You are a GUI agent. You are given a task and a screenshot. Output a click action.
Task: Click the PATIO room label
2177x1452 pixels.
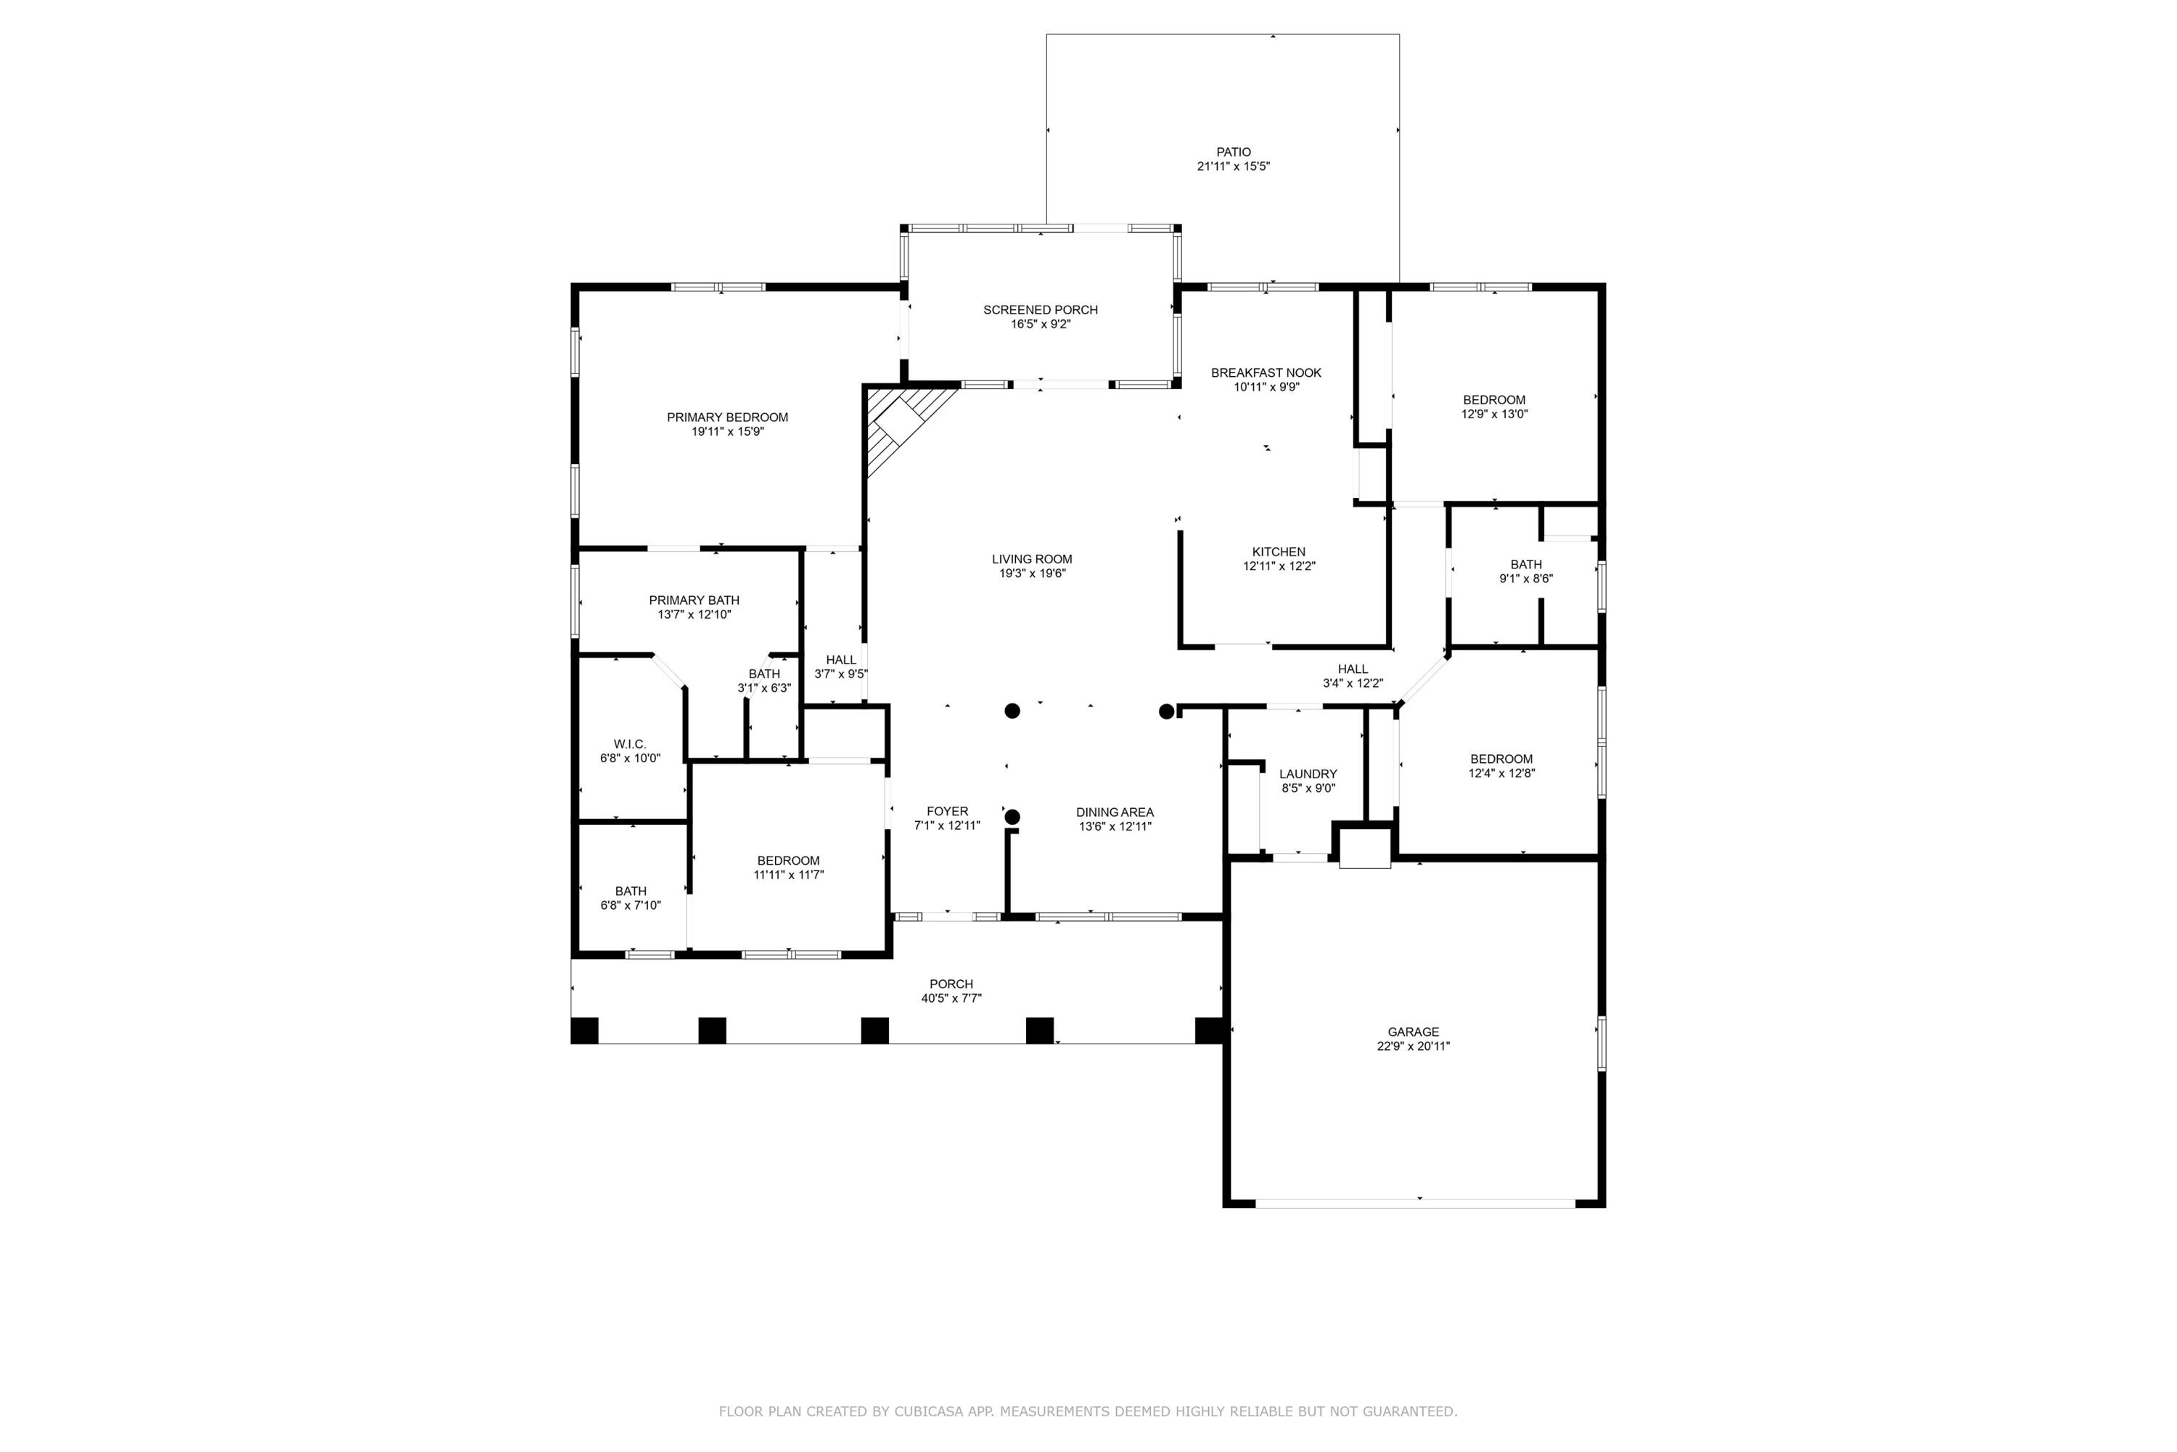click(x=1233, y=152)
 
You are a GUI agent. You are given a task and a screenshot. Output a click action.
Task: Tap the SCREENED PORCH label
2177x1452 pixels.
click(x=1041, y=309)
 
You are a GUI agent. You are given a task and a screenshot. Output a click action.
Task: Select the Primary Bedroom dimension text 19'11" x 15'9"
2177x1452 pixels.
click(x=728, y=431)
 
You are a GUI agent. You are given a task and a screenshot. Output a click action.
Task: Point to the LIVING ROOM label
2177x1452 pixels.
click(x=1032, y=558)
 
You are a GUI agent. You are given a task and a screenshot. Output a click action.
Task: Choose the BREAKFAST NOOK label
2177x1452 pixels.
click(x=1266, y=372)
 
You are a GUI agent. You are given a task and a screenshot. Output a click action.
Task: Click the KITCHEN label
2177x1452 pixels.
click(x=1279, y=552)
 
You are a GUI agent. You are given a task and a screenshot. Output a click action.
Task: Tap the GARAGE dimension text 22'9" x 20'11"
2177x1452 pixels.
click(x=1414, y=1046)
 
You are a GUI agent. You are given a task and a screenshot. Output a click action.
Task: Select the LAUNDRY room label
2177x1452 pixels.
click(x=1308, y=774)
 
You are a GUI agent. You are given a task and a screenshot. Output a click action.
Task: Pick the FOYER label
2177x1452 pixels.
click(x=947, y=811)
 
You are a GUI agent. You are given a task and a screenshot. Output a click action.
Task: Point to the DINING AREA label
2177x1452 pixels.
click(x=1115, y=812)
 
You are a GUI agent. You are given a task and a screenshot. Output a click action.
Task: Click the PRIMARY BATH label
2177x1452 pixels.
click(x=694, y=600)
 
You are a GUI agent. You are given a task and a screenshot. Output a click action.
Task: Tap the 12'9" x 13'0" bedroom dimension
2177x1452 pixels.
click(x=1494, y=415)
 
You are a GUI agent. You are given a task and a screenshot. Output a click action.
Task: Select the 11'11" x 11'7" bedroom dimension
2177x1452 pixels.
click(x=789, y=874)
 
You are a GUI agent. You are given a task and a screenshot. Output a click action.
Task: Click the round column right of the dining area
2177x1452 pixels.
click(x=1167, y=711)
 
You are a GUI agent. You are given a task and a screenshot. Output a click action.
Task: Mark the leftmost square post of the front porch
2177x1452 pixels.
click(x=584, y=1031)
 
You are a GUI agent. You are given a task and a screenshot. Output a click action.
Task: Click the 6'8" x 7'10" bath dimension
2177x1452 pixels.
click(x=631, y=905)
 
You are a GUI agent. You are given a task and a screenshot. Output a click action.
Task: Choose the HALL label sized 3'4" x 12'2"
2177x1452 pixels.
click(x=1353, y=669)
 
